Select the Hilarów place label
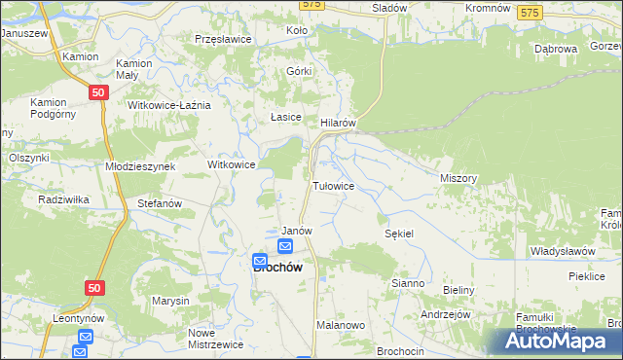pyautogui.click(x=341, y=124)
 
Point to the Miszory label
pyautogui.click(x=458, y=179)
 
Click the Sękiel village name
pyautogui.click(x=400, y=234)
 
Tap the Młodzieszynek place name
pyautogui.click(x=140, y=166)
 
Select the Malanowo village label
pyautogui.click(x=340, y=327)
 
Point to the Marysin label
pyautogui.click(x=169, y=301)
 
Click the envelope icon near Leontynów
pyautogui.click(x=84, y=337)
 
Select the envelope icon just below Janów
pyautogui.click(x=283, y=248)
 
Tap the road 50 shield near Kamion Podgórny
pyautogui.click(x=96, y=92)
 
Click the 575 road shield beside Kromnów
pyautogui.click(x=530, y=12)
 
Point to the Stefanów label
pyautogui.click(x=160, y=204)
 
